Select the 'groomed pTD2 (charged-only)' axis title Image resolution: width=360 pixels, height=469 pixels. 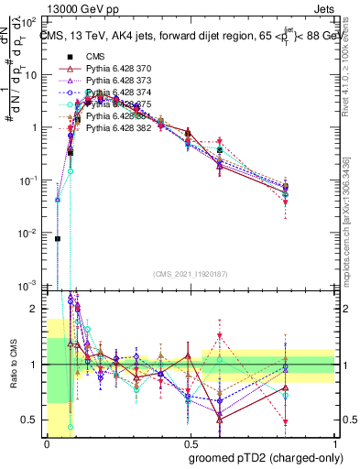coord(265,457)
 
